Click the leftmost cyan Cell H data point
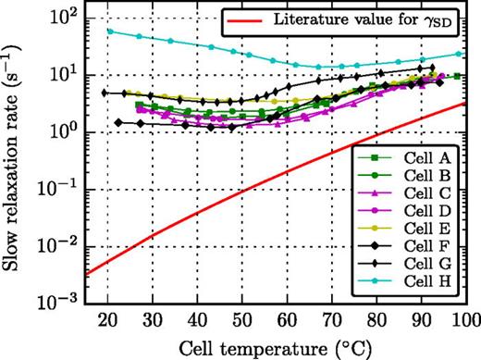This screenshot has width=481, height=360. pyautogui.click(x=109, y=31)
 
